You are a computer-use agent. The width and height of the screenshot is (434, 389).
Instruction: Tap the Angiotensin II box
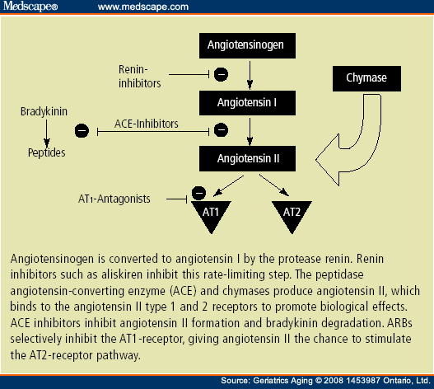[x=245, y=157]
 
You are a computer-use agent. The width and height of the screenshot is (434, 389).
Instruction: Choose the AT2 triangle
[x=292, y=213]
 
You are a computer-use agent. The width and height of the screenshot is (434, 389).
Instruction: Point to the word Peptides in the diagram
[x=46, y=152]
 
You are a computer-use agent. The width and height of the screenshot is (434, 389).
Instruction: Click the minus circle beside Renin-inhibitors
[x=221, y=76]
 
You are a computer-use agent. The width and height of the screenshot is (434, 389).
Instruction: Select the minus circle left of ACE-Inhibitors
[x=82, y=129]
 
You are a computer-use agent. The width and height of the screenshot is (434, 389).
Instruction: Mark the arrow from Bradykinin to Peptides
[x=46, y=131]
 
